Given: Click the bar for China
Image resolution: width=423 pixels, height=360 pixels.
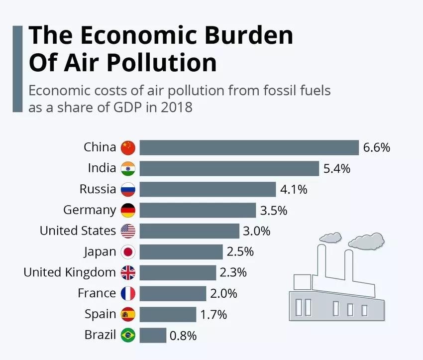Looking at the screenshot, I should click(x=249, y=148).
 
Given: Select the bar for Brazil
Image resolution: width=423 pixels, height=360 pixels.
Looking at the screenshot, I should click(x=153, y=335).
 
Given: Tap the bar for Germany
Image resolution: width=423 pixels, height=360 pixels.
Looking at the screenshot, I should click(x=198, y=210).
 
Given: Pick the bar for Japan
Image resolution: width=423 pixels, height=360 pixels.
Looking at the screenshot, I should click(x=181, y=252).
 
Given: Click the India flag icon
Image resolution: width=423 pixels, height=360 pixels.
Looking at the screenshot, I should click(x=128, y=169).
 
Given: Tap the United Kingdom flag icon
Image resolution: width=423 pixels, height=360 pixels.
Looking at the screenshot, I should click(x=128, y=273).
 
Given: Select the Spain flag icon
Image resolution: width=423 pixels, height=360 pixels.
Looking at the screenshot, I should click(x=128, y=315).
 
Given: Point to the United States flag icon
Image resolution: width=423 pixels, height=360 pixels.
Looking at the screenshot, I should click(x=128, y=231).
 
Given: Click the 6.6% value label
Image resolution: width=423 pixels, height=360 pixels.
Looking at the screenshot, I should click(x=376, y=148).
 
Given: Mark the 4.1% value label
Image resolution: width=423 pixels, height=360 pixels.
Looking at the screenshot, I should click(x=294, y=190).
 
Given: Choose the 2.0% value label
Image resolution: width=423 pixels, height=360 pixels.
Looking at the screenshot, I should click(x=223, y=294).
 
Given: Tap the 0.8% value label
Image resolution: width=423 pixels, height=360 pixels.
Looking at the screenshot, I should click(x=183, y=336).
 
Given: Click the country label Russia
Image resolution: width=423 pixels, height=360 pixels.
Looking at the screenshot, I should click(x=98, y=190).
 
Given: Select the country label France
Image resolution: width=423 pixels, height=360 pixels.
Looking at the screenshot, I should click(x=97, y=294).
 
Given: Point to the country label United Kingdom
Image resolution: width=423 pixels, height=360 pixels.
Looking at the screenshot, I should click(x=70, y=273).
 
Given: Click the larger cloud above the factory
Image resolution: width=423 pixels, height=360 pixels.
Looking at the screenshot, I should click(x=366, y=241).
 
